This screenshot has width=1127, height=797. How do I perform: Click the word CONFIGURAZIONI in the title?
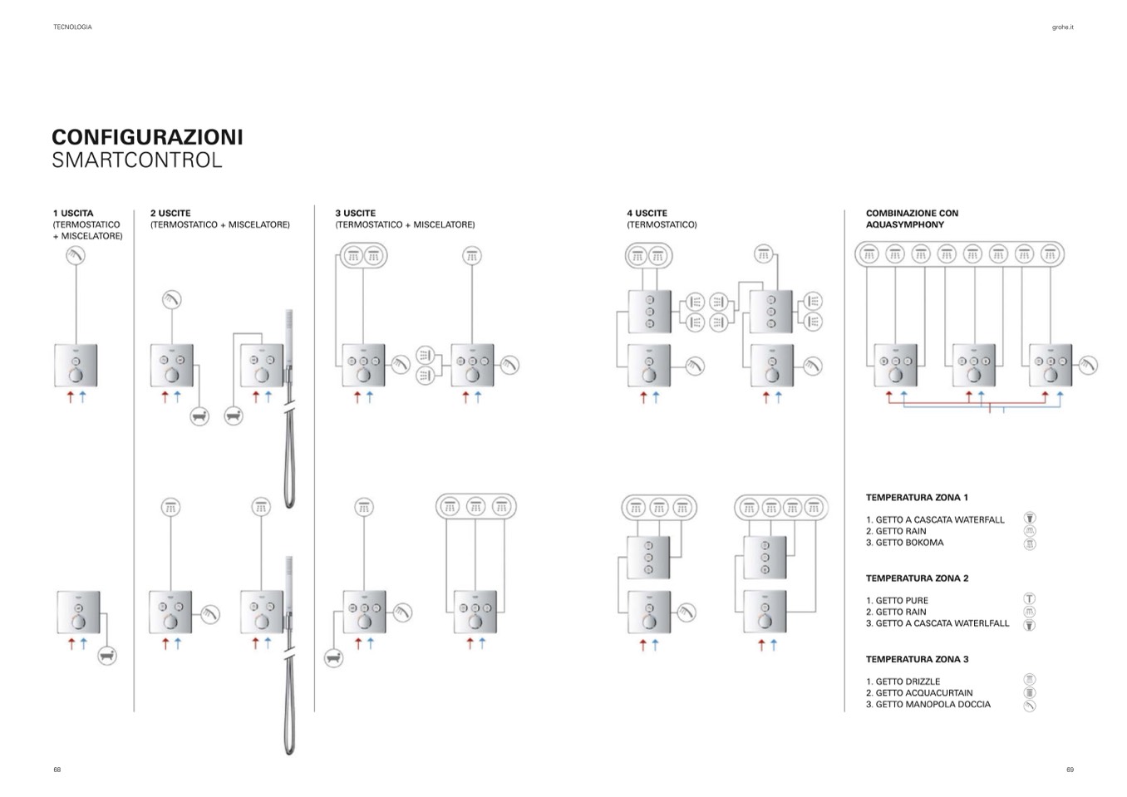(x=147, y=137)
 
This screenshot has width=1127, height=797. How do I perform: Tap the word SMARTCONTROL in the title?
(x=137, y=160)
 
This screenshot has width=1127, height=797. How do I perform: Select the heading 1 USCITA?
(x=73, y=214)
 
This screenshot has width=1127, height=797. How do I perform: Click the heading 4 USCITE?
(x=647, y=214)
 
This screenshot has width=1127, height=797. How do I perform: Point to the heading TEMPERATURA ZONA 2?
(x=918, y=578)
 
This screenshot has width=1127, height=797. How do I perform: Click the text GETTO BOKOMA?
(x=909, y=543)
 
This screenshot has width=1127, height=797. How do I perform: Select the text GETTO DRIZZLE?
(x=908, y=681)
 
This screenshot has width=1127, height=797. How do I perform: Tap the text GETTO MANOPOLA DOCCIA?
(x=933, y=705)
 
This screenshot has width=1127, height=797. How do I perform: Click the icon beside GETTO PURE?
(x=1030, y=598)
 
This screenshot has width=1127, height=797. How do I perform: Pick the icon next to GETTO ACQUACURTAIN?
(x=1030, y=693)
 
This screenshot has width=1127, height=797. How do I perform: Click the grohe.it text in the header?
(x=1063, y=27)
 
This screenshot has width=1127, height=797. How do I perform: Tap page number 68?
(x=57, y=770)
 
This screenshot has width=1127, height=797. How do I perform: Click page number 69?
(x=1070, y=770)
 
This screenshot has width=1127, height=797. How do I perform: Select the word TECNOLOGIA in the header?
(x=73, y=27)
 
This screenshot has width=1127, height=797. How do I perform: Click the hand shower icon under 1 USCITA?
(x=76, y=256)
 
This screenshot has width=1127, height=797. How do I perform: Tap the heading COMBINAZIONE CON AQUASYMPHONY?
(x=913, y=219)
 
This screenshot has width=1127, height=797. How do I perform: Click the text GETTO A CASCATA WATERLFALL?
(x=942, y=623)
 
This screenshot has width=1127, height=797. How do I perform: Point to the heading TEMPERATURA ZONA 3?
(x=918, y=659)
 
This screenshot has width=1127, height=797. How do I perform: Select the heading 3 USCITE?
(x=356, y=214)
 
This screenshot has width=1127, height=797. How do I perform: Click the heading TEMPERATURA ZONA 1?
(x=917, y=498)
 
